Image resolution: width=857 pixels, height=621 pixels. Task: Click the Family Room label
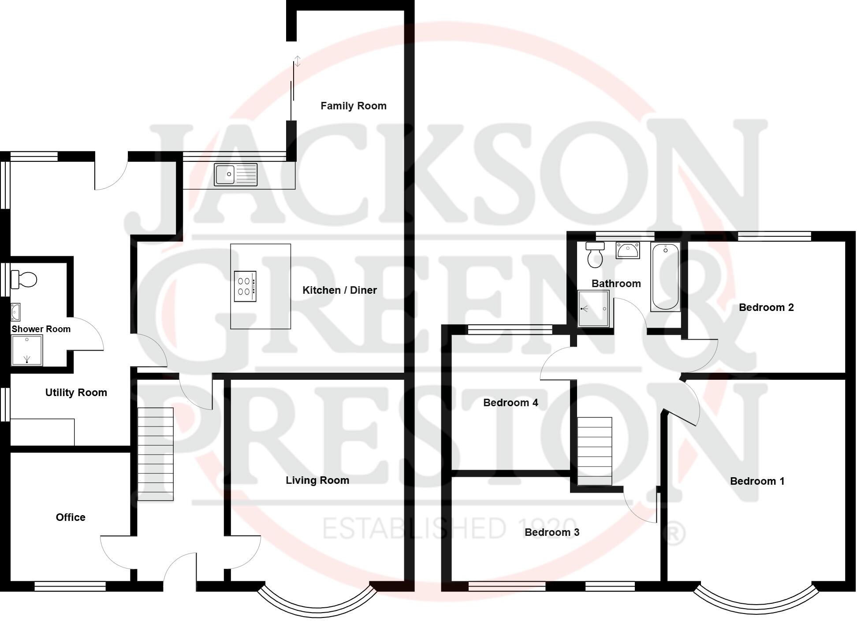(353, 106)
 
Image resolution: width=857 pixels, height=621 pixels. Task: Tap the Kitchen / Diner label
(339, 290)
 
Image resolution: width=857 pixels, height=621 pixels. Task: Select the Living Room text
(317, 480)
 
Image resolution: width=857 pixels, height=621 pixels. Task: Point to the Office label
(71, 517)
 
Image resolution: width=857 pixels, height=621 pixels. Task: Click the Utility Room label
(76, 393)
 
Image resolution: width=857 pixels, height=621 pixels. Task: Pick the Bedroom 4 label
(510, 403)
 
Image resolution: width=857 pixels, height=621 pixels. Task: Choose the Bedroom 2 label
(766, 307)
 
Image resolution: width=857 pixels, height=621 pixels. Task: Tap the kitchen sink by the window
(235, 174)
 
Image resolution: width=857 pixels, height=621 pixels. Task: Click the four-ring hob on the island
(245, 286)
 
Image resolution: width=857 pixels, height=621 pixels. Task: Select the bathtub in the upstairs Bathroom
(665, 277)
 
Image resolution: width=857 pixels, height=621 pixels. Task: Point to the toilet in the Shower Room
(24, 279)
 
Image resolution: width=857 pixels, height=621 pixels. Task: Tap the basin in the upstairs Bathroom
(627, 250)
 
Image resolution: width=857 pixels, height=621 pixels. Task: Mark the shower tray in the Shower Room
(26, 351)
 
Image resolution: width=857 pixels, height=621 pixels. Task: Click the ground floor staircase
(155, 454)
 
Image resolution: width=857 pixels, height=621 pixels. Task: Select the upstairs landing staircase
(594, 451)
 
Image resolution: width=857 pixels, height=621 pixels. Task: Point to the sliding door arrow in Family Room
(298, 61)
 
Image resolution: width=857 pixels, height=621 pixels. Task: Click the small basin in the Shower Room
(15, 312)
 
